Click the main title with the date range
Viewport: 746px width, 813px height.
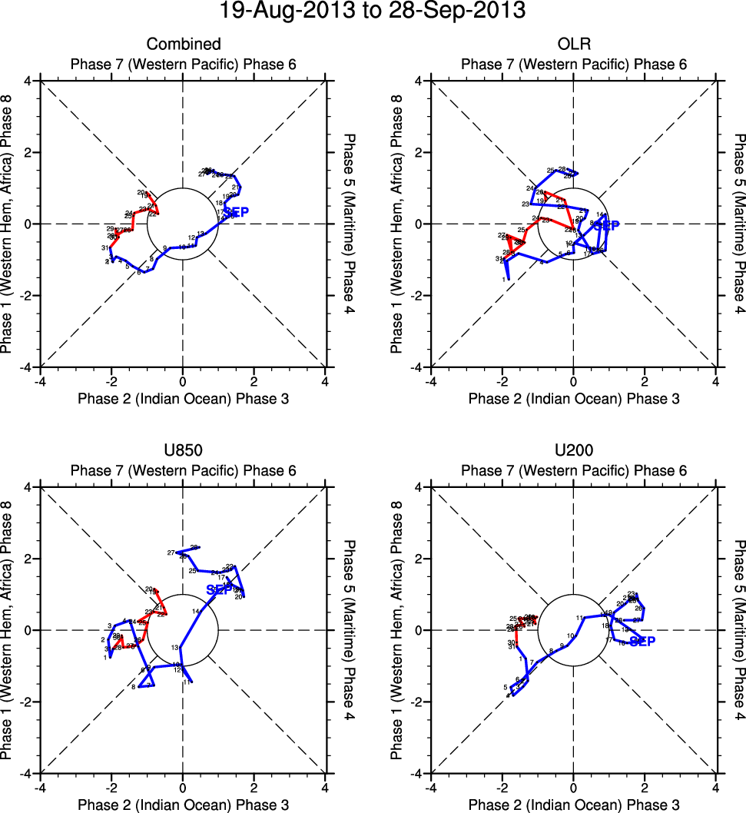(x=373, y=12)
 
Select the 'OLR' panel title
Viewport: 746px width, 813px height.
(x=573, y=45)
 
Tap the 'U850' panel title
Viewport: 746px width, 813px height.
(x=183, y=451)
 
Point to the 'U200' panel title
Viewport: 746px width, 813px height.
(x=573, y=451)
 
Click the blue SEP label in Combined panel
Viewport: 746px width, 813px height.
(x=236, y=212)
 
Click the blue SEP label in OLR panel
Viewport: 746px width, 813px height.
(x=606, y=225)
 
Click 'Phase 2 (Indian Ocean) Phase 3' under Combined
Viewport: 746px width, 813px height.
(x=183, y=398)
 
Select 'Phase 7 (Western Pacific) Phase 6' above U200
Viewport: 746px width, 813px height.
(x=573, y=470)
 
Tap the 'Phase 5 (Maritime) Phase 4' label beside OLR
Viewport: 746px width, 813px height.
(x=738, y=224)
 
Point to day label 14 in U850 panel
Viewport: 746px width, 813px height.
(x=196, y=611)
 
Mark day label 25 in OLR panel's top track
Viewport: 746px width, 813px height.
(x=550, y=171)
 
